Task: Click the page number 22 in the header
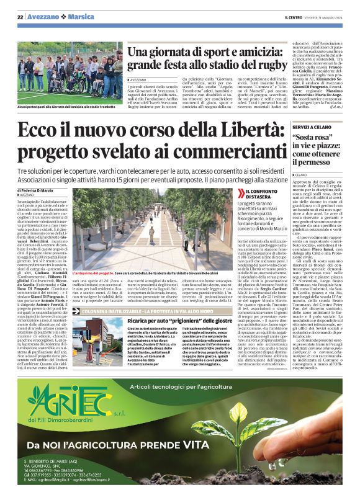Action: pyautogui.click(x=20, y=16)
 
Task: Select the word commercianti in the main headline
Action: pyautogui.click(x=224, y=151)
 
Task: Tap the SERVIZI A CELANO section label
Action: pyautogui.click(x=311, y=126)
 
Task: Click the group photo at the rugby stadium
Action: pyautogui.click(x=61, y=73)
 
